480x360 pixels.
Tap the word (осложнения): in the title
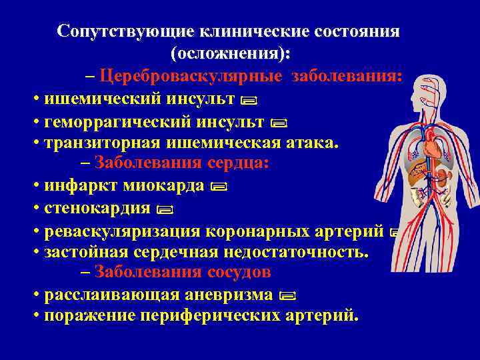[x=231, y=53]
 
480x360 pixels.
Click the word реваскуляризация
[x=124, y=231]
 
